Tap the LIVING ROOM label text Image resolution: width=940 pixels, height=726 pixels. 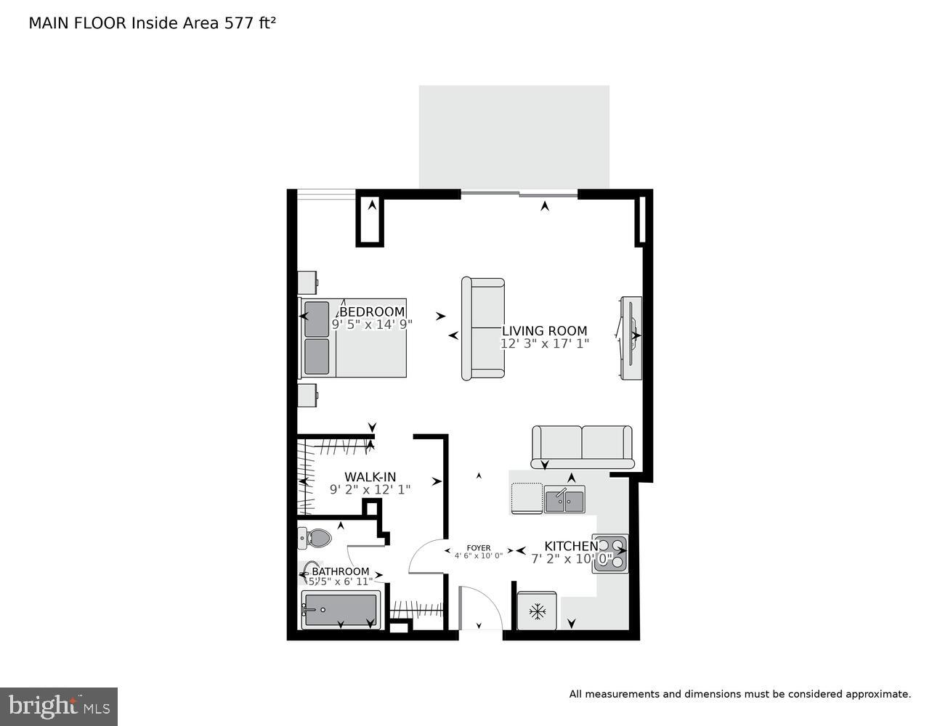click(544, 331)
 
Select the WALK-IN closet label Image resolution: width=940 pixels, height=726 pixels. click(370, 477)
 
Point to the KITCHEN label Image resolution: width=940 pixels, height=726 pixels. click(571, 546)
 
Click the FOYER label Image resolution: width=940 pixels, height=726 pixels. click(478, 548)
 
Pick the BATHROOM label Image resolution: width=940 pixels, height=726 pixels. click(340, 571)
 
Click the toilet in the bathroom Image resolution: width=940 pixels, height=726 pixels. click(315, 538)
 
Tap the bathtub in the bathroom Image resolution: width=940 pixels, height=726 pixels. click(340, 610)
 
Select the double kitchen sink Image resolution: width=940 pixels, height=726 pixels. click(564, 501)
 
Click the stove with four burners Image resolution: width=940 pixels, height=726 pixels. click(609, 554)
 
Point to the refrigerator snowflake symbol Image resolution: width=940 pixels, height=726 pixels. click(537, 611)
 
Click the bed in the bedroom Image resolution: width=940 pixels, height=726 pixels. click(353, 338)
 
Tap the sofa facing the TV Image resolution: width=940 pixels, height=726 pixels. click(483, 328)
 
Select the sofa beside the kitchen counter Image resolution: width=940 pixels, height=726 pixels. click(582, 446)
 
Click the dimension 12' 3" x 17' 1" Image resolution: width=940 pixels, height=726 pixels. click(544, 343)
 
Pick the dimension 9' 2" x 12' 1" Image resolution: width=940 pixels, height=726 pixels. click(370, 490)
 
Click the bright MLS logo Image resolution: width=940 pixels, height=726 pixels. click(58, 706)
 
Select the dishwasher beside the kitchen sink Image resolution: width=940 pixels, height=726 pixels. click(527, 498)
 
